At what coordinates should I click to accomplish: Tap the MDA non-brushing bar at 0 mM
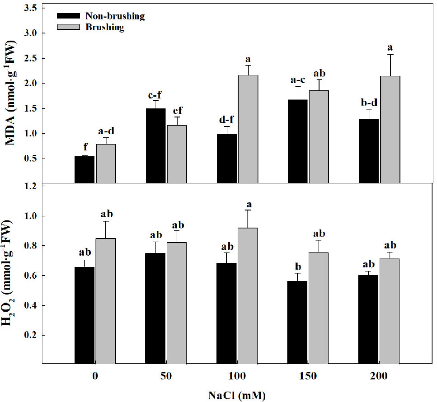tap(85, 169)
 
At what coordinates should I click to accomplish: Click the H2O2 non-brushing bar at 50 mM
tap(155, 308)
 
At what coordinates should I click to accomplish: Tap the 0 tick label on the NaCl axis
tap(95, 376)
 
